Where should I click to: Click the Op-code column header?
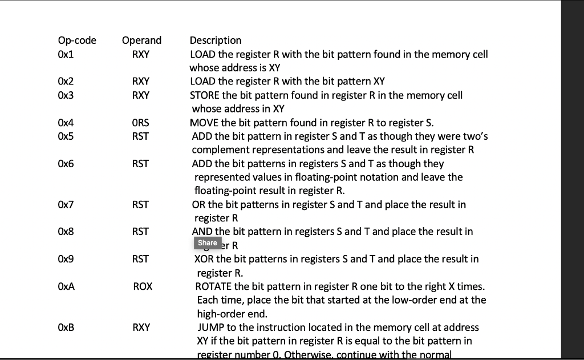coord(77,41)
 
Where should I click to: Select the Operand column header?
coord(141,41)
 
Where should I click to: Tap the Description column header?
coord(215,41)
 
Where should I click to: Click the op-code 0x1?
coord(66,54)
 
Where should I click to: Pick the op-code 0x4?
coord(66,123)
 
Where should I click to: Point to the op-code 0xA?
coord(66,286)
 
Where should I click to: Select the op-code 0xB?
coord(66,327)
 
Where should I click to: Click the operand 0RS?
coord(140,123)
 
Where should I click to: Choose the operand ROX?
coord(143,286)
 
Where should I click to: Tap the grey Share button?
coord(207,243)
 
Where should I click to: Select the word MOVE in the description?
coord(204,123)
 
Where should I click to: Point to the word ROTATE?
coord(213,286)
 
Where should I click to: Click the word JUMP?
coord(211,327)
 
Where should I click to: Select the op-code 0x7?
coord(66,204)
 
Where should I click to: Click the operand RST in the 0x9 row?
coord(140,259)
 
